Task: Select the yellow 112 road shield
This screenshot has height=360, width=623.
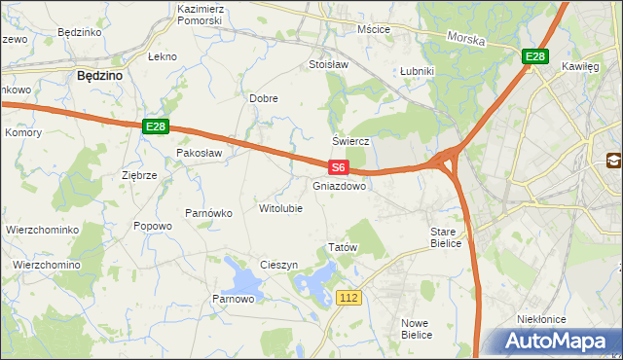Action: click(x=350, y=296)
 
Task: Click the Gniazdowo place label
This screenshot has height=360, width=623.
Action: click(x=340, y=185)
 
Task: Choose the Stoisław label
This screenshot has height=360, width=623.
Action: click(x=328, y=64)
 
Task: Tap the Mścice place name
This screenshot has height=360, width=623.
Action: click(x=373, y=29)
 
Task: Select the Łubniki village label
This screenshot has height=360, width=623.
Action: click(x=417, y=71)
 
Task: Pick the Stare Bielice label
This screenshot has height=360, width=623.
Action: click(x=449, y=237)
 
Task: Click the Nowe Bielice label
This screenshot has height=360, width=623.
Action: click(x=421, y=328)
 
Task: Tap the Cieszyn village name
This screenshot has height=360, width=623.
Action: click(x=278, y=266)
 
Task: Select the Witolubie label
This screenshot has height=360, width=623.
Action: click(x=280, y=208)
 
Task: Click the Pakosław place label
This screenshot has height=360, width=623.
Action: click(x=200, y=153)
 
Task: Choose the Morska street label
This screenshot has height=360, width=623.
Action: click(x=466, y=38)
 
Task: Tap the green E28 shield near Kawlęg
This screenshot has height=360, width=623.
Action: click(x=534, y=57)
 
